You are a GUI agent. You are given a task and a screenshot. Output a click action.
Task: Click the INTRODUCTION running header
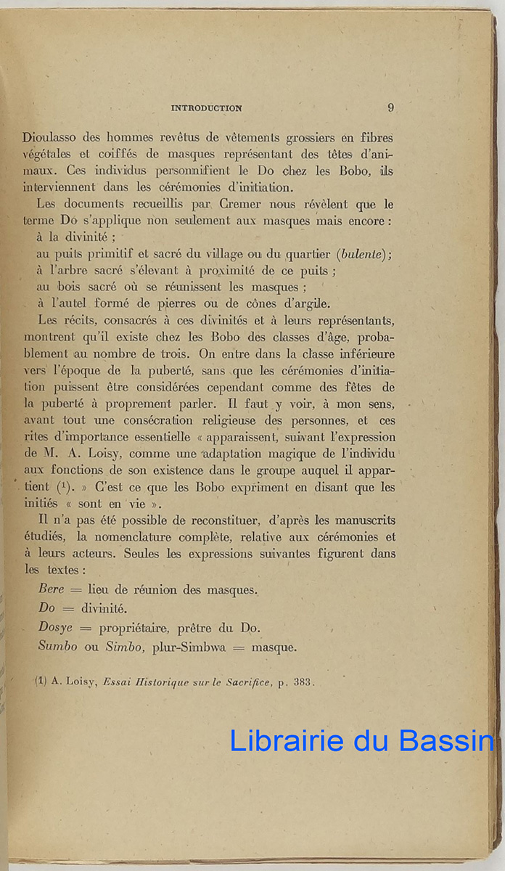[x=206, y=108]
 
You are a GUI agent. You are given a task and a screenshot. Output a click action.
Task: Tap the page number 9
[x=390, y=107]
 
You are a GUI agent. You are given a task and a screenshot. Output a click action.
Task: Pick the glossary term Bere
[x=52, y=590]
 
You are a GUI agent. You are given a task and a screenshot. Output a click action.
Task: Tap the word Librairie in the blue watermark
[x=287, y=741]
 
